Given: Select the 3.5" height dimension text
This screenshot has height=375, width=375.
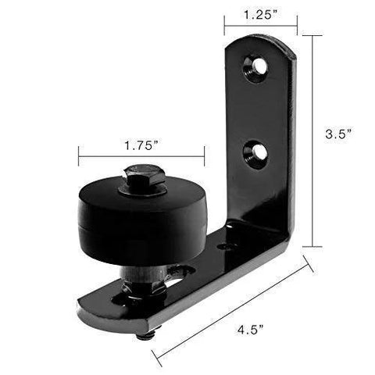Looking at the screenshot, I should tap(337, 134).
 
